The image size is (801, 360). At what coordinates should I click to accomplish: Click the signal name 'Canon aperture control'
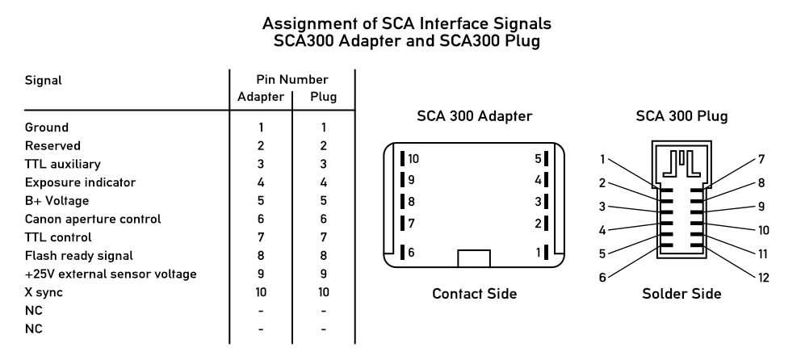tap(93, 219)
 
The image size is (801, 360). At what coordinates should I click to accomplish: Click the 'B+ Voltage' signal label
tap(57, 200)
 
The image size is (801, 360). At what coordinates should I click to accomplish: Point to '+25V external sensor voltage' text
tap(111, 274)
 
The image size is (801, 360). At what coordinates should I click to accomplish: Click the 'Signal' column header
tap(44, 80)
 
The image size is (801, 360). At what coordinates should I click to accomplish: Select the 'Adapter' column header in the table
tap(261, 98)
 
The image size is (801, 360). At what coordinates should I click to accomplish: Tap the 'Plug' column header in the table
tap(323, 98)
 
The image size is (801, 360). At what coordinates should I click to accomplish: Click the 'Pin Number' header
tap(291, 80)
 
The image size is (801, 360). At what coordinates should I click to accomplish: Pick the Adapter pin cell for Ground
tap(261, 127)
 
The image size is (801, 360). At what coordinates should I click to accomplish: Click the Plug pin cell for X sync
tap(323, 292)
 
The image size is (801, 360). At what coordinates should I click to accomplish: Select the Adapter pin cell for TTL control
tap(261, 237)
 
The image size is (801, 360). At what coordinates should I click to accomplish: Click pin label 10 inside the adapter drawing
tap(413, 158)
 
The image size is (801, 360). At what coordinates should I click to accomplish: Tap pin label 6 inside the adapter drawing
tap(411, 253)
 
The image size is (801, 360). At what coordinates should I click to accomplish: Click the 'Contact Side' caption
tap(474, 294)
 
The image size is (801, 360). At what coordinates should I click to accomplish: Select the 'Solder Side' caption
tap(681, 294)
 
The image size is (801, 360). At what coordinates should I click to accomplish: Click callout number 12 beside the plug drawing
tap(762, 278)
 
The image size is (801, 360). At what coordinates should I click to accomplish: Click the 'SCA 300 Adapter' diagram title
tap(474, 116)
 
